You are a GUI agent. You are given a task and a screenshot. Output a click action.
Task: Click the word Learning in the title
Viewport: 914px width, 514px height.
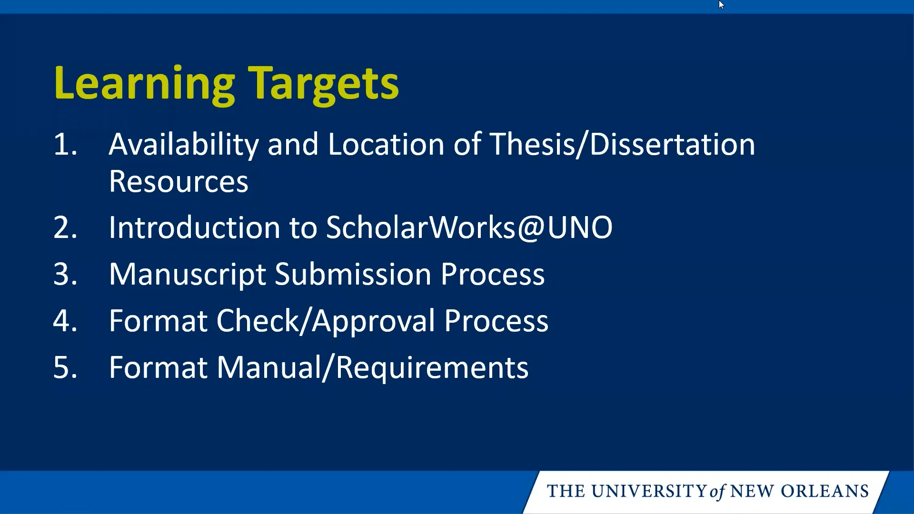[x=144, y=83]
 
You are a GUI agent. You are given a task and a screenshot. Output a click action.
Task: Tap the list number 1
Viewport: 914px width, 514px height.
[x=65, y=144]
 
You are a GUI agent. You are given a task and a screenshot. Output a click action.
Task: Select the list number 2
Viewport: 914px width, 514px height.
[x=65, y=227]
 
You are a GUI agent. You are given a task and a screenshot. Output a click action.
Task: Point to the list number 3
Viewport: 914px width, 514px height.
[x=65, y=274]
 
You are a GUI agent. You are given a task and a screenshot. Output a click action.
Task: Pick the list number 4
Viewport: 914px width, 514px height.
[x=65, y=321]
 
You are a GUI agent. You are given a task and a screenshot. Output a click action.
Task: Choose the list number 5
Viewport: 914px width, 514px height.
[x=65, y=367]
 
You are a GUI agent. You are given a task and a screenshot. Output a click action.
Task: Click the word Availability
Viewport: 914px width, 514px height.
[x=184, y=144]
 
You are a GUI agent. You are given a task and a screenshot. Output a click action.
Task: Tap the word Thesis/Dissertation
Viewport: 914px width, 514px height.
[x=622, y=144]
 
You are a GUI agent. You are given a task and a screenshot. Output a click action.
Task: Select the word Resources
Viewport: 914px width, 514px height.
[x=179, y=181]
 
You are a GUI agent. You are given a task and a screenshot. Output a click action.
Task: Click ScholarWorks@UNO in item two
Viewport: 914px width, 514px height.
[x=469, y=227]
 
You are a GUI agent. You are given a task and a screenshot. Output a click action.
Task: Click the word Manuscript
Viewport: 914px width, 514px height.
[x=187, y=275]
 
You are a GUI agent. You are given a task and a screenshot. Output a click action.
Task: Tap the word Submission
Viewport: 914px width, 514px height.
[x=353, y=275]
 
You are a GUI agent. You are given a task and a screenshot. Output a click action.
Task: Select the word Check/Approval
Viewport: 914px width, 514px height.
[x=326, y=321]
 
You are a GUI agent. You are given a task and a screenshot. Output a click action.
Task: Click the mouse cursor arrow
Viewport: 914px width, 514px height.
[x=721, y=5]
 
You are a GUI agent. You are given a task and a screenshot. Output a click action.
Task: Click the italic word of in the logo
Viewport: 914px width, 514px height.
[x=717, y=492]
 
